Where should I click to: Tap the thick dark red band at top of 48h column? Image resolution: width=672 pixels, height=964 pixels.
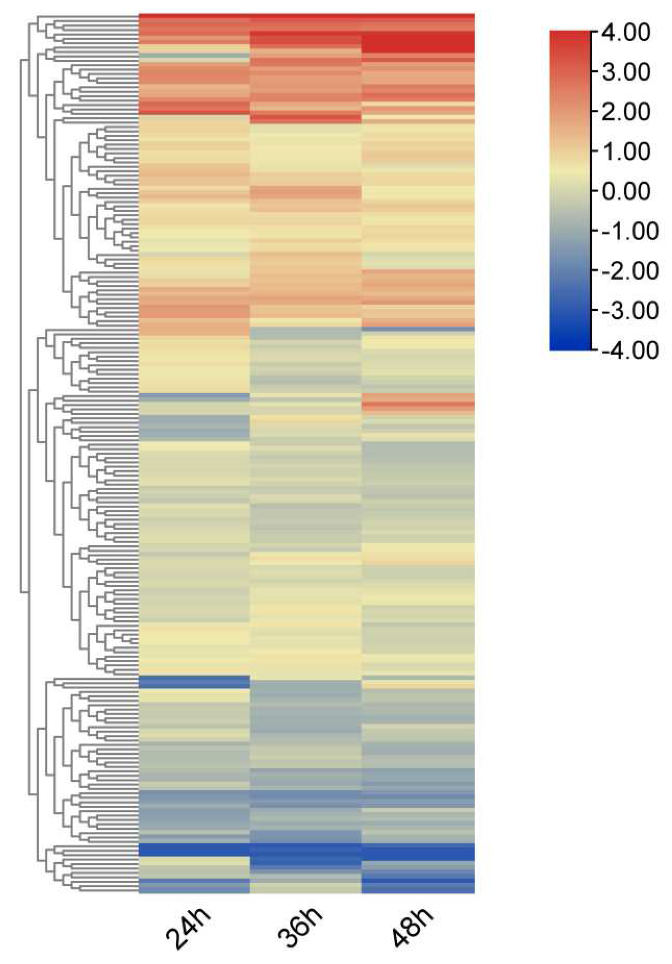pos(418,43)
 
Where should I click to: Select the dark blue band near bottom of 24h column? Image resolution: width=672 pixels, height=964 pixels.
pos(194,849)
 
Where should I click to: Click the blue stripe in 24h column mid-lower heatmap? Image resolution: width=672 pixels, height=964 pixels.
pos(194,682)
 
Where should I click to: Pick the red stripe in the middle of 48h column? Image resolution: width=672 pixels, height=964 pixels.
pos(418,404)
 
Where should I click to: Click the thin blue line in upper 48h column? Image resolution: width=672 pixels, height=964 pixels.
pos(418,329)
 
